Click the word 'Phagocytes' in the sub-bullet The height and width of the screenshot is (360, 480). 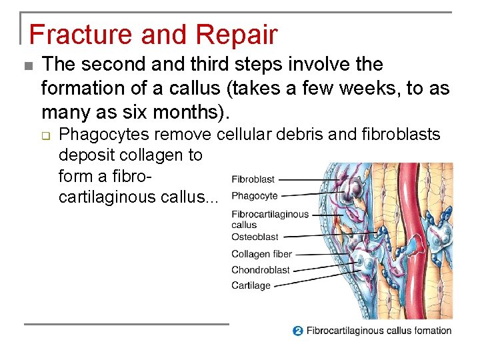(x=100, y=135)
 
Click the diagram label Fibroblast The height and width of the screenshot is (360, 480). (x=253, y=180)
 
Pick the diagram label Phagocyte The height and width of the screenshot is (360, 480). (x=254, y=197)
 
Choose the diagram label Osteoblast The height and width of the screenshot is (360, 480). (x=255, y=237)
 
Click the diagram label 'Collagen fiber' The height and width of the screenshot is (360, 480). (x=261, y=254)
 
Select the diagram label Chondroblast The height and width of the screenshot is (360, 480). (x=260, y=270)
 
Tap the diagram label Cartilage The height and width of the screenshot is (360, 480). (x=251, y=285)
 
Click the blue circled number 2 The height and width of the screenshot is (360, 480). (x=297, y=331)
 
